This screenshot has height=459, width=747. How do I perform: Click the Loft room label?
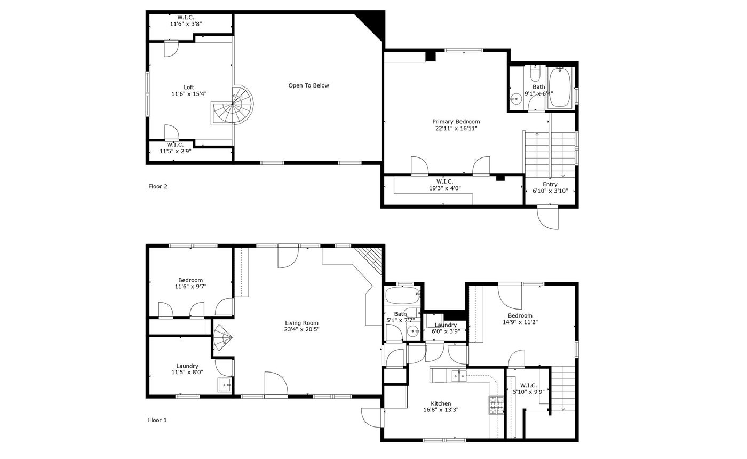pos(189,88)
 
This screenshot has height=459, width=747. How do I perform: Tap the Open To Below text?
pos(308,85)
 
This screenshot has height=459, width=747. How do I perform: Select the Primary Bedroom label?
pos(456,122)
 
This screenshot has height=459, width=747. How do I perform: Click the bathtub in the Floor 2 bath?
pos(560,88)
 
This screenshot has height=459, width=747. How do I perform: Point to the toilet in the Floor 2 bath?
pos(535,74)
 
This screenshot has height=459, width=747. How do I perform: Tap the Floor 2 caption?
pos(158,186)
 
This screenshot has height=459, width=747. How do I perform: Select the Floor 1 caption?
pos(157,420)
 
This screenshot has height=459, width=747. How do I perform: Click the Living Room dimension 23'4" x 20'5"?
pos(301,329)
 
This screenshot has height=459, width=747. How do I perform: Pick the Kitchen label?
pos(441,403)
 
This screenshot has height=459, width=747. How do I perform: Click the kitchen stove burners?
pos(496,405)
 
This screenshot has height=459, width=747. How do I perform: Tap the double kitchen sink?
pos(459,376)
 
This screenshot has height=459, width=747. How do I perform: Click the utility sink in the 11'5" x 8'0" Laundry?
pos(225,385)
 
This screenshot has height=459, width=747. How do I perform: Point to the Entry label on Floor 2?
pos(550,185)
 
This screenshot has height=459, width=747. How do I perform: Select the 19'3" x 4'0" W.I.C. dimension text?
pos(445,188)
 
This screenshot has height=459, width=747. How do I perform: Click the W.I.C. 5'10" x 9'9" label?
pos(528,385)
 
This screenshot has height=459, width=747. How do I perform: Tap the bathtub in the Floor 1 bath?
pos(402,295)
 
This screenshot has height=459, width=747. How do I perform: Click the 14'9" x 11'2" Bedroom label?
pos(520,315)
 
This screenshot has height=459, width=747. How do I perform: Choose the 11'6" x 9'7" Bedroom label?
pos(190,280)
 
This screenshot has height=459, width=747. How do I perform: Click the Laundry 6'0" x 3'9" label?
pos(446,325)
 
